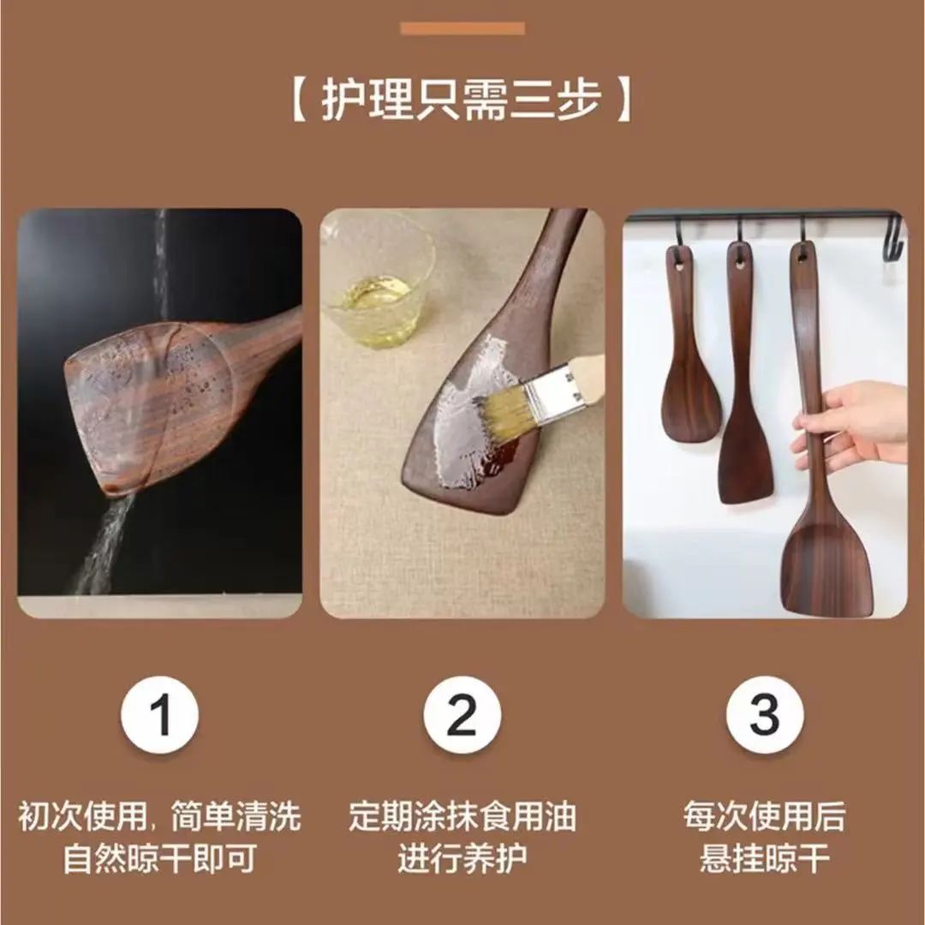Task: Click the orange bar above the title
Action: click(x=462, y=28)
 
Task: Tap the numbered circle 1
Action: click(x=160, y=714)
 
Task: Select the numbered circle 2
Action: click(x=462, y=714)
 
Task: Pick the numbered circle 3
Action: click(x=765, y=714)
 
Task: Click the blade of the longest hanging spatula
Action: click(x=827, y=561)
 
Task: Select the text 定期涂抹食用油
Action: click(x=462, y=816)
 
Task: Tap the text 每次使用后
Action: click(x=765, y=816)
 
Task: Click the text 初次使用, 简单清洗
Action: click(x=160, y=816)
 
